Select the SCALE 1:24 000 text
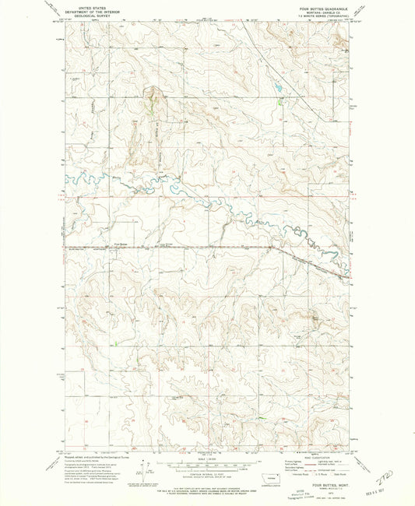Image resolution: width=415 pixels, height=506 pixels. pyautogui.click(x=208, y=457)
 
